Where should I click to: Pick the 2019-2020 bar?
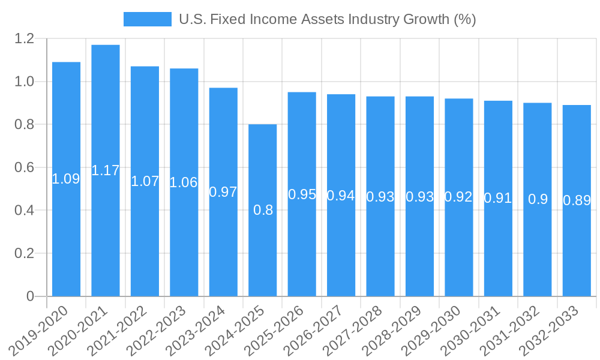pyautogui.click(x=66, y=240)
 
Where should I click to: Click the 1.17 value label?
pyautogui.click(x=106, y=170)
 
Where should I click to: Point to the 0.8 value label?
pyautogui.click(x=263, y=210)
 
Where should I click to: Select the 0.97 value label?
pyautogui.click(x=223, y=192)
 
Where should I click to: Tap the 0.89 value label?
pyautogui.click(x=577, y=200)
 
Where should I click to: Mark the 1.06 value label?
pyautogui.click(x=184, y=182)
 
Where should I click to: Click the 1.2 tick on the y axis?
pyautogui.click(x=25, y=39)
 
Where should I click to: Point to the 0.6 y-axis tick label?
pyautogui.click(x=25, y=167)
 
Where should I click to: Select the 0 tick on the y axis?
pyautogui.click(x=31, y=296)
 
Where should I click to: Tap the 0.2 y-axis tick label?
pyautogui.click(x=25, y=253)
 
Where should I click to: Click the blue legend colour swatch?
pyautogui.click(x=148, y=19)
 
